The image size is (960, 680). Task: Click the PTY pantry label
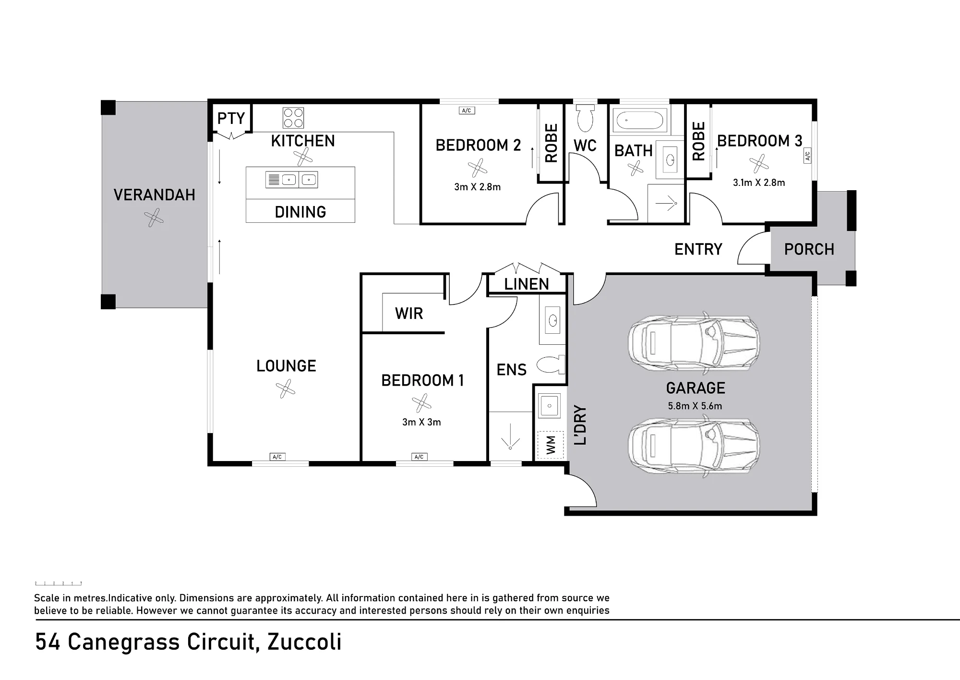point(231,118)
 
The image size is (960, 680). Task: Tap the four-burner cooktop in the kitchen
point(293,118)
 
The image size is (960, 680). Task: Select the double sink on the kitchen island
point(292,180)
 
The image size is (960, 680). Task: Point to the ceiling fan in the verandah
point(154,218)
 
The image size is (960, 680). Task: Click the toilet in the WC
point(585,119)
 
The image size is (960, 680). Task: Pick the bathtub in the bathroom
point(640,121)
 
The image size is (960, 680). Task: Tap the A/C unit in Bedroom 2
point(467,110)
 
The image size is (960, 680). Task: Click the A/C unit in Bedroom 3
point(807,156)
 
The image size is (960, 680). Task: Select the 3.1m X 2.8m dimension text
point(759,182)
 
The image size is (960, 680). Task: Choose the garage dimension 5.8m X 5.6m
point(695,406)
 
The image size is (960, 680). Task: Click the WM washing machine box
point(551,444)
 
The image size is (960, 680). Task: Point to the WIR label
point(409,314)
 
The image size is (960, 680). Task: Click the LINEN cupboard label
point(527,284)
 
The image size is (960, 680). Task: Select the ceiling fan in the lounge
point(285,389)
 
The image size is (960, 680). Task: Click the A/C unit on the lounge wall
point(277,457)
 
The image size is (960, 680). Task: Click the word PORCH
point(809,249)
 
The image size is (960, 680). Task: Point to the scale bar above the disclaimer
point(58,583)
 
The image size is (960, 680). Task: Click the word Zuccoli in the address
point(304,642)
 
